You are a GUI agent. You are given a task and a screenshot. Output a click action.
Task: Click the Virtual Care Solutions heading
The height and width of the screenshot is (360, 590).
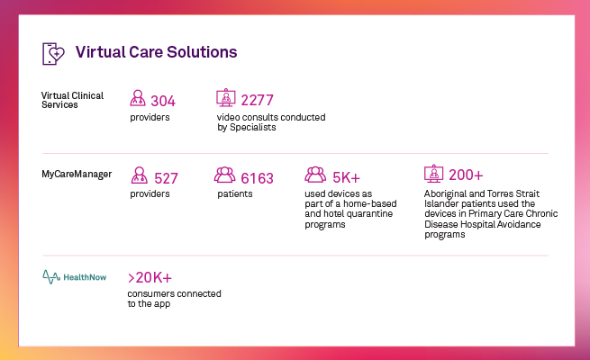point(156,52)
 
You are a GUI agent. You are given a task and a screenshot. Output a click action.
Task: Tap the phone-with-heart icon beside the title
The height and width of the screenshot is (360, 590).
point(54,53)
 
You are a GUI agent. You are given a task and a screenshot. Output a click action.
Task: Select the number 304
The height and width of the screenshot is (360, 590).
point(163,101)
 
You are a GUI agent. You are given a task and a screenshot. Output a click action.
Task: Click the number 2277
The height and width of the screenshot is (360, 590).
point(257,101)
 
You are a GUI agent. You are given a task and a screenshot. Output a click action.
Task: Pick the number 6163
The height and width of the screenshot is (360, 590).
point(257,178)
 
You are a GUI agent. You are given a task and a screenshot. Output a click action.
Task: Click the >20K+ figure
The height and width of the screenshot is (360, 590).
point(156,278)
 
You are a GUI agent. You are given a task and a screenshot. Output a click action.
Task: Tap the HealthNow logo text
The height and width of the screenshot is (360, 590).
point(85,277)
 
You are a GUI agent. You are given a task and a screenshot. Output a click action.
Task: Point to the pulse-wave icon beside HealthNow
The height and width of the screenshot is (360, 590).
point(51,277)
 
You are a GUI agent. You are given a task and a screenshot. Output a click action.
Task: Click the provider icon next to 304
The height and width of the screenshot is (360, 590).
point(138,99)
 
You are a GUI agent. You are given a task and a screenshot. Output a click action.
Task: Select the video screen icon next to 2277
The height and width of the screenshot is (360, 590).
point(225,98)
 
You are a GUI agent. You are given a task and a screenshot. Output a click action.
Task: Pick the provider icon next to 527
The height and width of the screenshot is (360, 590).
point(140,176)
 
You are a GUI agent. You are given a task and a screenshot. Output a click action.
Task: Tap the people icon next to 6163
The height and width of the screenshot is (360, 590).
point(225,176)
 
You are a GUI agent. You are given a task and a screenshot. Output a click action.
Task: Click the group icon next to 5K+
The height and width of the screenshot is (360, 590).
point(315,176)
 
